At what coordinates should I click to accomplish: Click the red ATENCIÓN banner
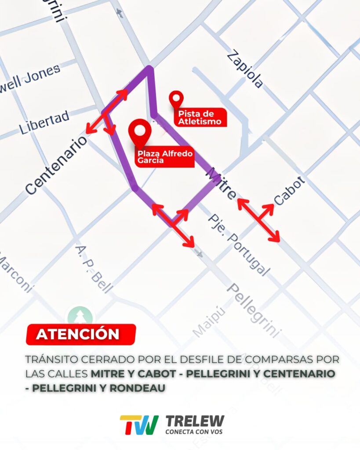[x=80, y=334]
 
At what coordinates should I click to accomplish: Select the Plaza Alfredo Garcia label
[x=165, y=157]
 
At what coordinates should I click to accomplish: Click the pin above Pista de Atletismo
[x=176, y=99]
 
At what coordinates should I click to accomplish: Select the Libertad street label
[x=44, y=123]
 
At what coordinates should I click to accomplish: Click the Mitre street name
[x=221, y=183]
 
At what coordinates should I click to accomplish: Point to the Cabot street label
[x=289, y=190]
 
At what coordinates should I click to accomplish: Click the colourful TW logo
[x=139, y=425]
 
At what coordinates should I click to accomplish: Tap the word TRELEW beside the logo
[x=195, y=422]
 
